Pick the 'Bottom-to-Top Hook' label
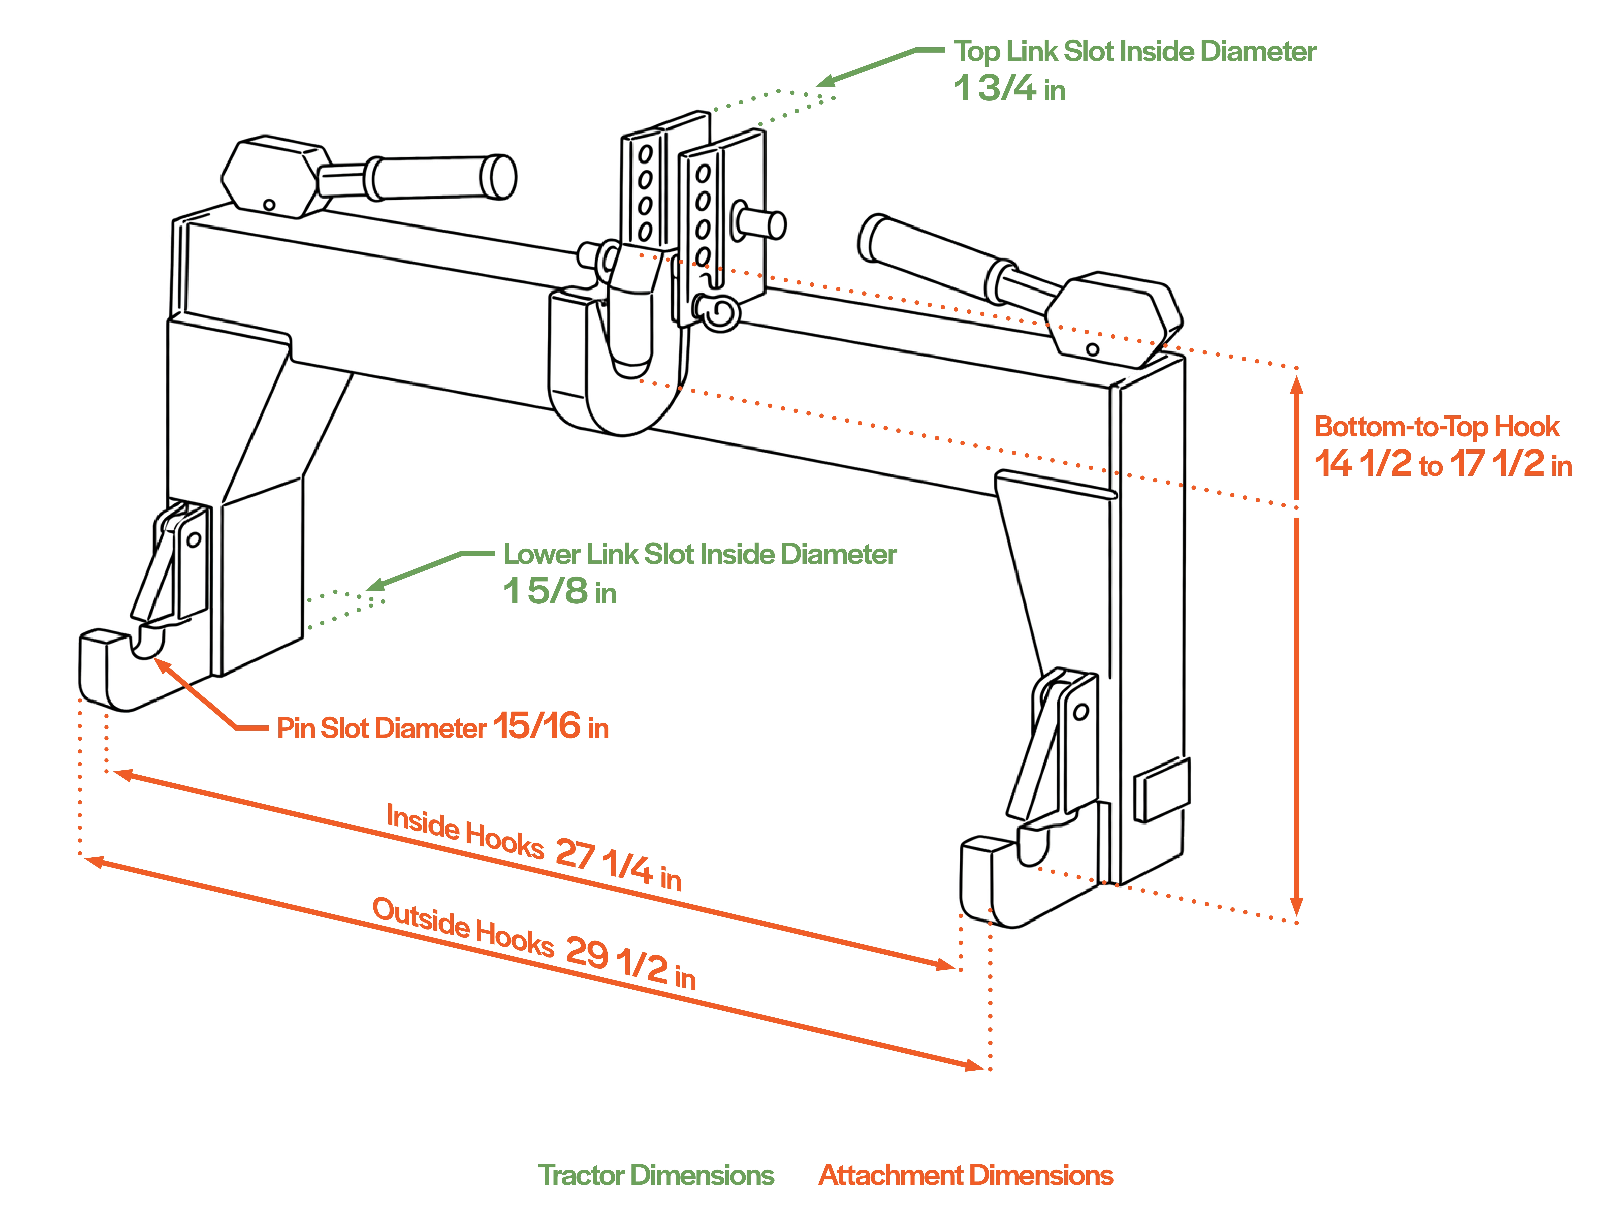click(x=1436, y=427)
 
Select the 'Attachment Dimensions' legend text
click(x=966, y=1175)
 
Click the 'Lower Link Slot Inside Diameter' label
click(x=699, y=554)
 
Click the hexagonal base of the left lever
click(x=273, y=177)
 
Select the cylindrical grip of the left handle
click(x=437, y=177)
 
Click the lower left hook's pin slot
click(x=148, y=642)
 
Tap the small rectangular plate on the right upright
click(x=1162, y=790)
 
